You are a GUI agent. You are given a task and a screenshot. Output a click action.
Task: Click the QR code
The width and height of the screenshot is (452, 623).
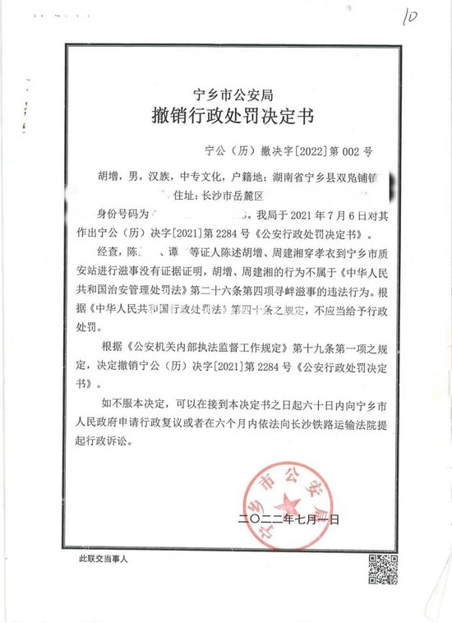(x=381, y=567)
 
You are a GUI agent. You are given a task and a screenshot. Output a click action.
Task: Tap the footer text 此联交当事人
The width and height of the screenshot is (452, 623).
(x=106, y=559)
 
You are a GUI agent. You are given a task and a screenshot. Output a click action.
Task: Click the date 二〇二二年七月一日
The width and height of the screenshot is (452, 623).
(x=288, y=519)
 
